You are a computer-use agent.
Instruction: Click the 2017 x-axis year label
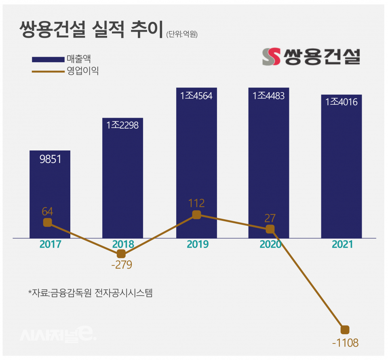tap(50, 244)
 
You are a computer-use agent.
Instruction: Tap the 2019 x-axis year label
tap(197, 244)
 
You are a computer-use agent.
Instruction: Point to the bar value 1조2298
tap(122, 125)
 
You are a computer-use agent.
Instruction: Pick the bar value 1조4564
tap(196, 96)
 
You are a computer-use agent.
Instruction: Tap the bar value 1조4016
tap(342, 102)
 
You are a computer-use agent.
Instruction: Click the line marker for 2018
tap(121, 254)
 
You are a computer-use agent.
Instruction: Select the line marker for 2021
tap(345, 329)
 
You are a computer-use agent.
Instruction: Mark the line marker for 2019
tap(196, 214)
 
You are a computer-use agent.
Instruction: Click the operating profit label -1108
tap(345, 343)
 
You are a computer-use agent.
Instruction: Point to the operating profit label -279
tap(122, 266)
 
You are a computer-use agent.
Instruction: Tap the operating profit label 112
tap(196, 203)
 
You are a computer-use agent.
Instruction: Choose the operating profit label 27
tap(270, 218)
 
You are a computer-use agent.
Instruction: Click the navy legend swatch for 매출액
tap(48, 59)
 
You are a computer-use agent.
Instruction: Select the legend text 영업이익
tap(83, 71)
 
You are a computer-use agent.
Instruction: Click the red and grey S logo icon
tap(271, 57)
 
